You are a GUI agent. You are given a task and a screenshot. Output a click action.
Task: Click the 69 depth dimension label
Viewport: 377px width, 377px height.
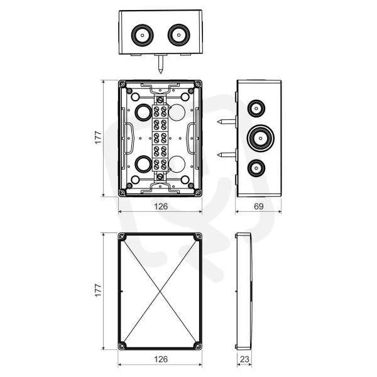coord(258,206)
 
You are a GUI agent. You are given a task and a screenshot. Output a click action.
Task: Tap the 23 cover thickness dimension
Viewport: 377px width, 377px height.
coord(244,359)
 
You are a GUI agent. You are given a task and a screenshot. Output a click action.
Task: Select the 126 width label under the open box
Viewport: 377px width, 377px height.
coord(161,206)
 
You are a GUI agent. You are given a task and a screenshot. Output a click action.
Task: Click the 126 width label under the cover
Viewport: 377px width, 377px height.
coord(161,359)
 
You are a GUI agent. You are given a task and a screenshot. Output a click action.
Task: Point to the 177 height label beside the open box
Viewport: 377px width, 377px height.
coord(99,137)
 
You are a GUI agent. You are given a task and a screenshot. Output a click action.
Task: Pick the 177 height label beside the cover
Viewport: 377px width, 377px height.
coord(99,290)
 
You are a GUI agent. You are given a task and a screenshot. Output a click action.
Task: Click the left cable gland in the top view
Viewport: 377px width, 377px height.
coord(143,35)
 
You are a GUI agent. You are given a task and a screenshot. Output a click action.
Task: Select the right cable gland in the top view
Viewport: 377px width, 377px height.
coord(178,35)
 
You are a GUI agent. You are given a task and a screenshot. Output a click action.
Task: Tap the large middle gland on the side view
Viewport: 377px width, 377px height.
coord(261,138)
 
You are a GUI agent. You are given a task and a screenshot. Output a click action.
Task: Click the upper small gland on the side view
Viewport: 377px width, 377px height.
coord(256,109)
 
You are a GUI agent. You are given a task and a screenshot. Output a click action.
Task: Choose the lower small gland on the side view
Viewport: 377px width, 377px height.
coord(256,168)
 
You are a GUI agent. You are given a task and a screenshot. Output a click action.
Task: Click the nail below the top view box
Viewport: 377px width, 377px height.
coord(161,63)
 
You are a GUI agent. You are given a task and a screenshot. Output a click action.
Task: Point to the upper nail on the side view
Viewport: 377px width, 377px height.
coord(226,122)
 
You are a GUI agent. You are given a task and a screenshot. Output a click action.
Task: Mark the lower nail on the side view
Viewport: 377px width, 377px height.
coord(226,155)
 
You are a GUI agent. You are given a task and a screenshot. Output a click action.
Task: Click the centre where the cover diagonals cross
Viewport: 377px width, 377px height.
coord(160,292)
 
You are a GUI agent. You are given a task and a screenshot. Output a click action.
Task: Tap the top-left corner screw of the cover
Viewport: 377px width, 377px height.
coord(123,237)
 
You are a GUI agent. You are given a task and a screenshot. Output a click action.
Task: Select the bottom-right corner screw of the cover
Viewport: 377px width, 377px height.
coord(198,346)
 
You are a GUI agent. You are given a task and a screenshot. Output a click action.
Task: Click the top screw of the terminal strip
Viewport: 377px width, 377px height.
coord(160,99)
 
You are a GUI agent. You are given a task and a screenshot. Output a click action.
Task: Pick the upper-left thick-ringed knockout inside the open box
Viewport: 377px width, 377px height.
coord(143,112)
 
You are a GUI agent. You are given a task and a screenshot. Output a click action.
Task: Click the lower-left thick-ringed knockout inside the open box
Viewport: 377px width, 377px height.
coord(143,164)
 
